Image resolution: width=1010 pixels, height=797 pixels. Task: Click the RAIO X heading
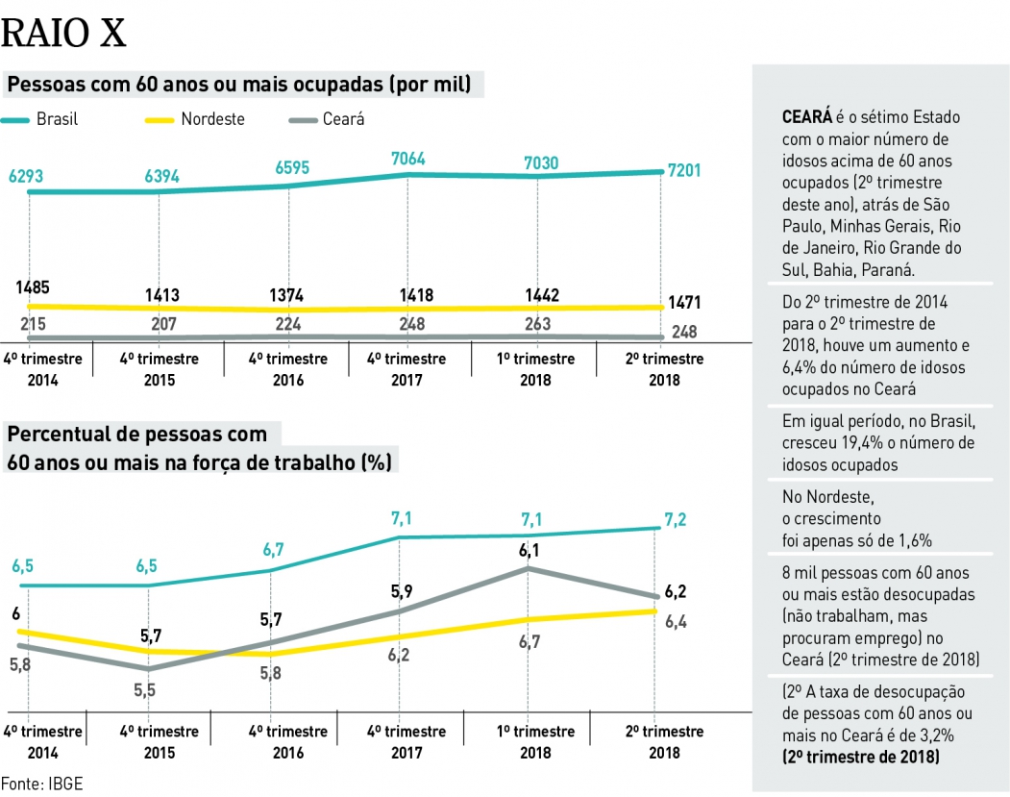pos(63,34)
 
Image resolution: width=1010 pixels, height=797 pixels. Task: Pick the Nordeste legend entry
pos(193,119)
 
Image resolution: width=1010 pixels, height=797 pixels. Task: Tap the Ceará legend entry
pos(327,119)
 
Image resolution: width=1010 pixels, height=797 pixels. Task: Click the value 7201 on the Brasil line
pos(683,170)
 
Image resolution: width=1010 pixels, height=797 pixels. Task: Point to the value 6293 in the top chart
pos(26,176)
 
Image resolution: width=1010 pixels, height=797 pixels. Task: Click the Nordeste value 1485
pos(33,286)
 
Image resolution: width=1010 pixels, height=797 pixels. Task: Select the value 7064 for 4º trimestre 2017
pos(407,159)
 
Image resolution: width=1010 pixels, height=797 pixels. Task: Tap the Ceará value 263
pos(537,324)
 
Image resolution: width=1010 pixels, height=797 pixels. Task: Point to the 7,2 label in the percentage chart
pos(676,520)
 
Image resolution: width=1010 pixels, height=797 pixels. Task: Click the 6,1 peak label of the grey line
pos(530,550)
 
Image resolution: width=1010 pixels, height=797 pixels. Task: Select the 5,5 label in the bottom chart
pos(144,689)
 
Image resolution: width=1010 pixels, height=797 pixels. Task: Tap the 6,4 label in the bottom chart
pos(676,622)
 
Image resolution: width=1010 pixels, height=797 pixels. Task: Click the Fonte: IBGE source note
pos(41,783)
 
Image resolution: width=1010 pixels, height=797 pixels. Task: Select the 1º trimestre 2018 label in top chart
pos(535,369)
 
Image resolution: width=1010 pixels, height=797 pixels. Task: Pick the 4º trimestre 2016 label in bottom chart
pos(288,741)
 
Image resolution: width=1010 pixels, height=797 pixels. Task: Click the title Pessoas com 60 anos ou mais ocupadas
pos(240,85)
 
